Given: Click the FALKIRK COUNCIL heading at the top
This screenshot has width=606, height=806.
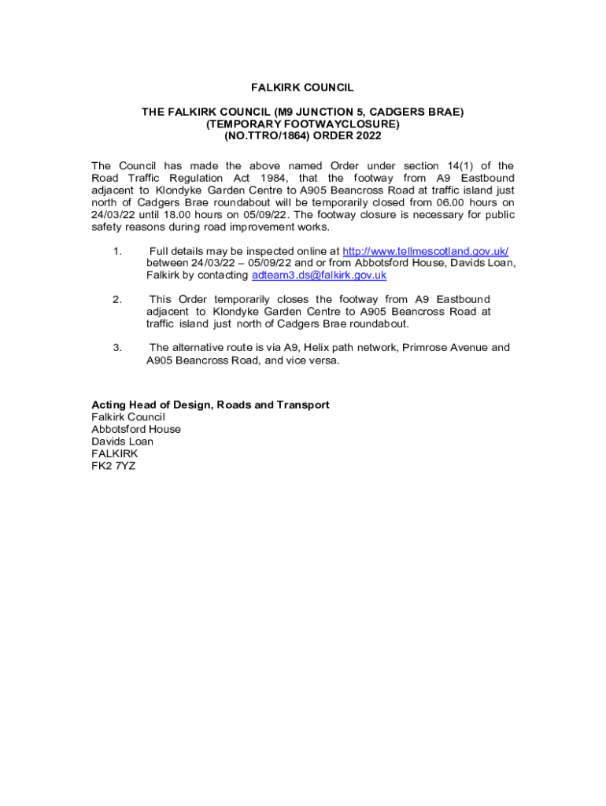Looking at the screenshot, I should coord(303,87).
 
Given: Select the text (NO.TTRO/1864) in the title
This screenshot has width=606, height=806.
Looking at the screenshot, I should coord(257,136).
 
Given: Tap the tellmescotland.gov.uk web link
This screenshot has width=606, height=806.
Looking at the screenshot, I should coord(425,251).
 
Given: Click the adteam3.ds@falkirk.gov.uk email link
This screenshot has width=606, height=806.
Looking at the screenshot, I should coord(319,275).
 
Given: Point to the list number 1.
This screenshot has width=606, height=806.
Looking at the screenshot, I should coord(116,251).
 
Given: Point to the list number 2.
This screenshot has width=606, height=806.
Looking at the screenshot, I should coord(116,299).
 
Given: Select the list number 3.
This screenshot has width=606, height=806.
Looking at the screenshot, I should coord(116,347).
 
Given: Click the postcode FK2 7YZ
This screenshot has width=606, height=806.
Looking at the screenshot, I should coord(113,466).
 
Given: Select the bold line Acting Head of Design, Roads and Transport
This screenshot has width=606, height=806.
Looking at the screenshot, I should coord(210,405).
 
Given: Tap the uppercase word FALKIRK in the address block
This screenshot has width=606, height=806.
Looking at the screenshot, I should coord(114,454).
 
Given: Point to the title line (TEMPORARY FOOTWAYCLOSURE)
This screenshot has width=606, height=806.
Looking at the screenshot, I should coord(303,124).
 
